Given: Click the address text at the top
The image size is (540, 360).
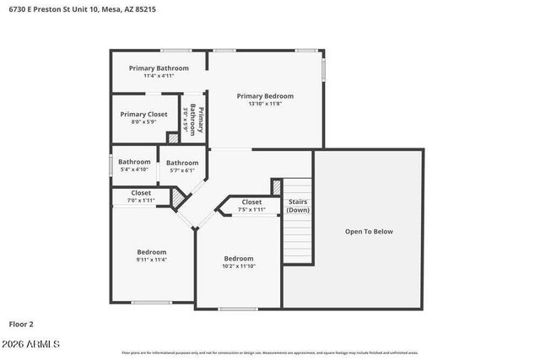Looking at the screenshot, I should (x=81, y=9).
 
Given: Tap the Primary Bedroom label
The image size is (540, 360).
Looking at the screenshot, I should (x=265, y=95).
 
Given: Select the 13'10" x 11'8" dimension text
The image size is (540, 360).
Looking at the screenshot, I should (x=265, y=104).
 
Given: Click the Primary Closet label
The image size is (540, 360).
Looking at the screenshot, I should (x=144, y=114).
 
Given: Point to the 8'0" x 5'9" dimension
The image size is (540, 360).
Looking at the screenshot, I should (x=144, y=122).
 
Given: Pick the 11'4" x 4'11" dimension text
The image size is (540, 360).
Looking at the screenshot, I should (x=159, y=76).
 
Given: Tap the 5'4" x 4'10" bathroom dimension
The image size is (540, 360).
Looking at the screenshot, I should (x=134, y=169).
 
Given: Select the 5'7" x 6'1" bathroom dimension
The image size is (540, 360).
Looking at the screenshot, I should (x=182, y=170).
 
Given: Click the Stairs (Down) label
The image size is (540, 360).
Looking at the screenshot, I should (x=297, y=206).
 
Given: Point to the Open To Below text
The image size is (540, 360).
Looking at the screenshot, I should (x=369, y=231).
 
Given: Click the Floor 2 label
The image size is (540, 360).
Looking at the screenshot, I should (x=22, y=323).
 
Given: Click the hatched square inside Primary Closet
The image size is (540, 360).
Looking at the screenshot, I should (x=174, y=137).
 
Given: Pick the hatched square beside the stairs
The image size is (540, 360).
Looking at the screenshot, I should (x=276, y=186).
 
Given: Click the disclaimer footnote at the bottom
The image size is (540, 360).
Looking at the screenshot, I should (x=270, y=352).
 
